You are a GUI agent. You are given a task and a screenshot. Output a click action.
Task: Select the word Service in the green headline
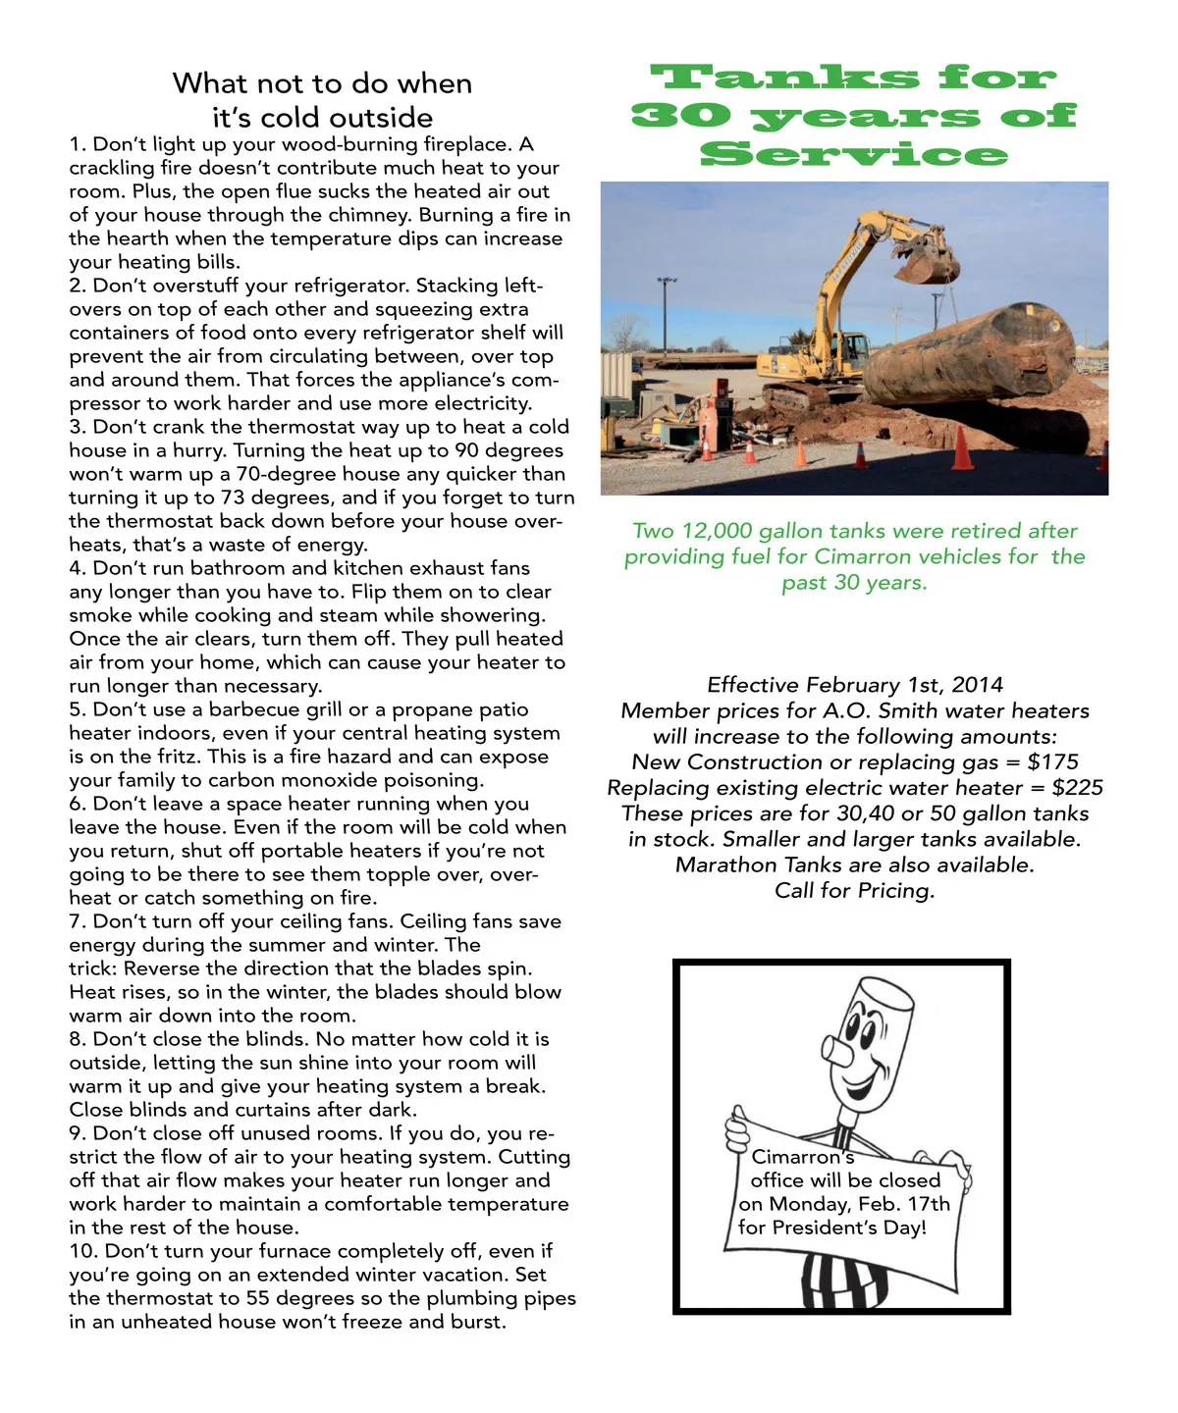[x=854, y=154]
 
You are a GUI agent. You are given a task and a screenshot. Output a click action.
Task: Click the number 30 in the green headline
[x=681, y=116]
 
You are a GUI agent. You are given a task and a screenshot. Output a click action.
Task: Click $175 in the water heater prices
[x=1052, y=762]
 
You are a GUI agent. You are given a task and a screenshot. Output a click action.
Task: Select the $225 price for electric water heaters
[x=1077, y=788]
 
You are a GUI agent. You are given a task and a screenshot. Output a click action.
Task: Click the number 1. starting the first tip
[x=78, y=145]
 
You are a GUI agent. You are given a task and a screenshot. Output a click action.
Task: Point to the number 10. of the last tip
[x=83, y=1252]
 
